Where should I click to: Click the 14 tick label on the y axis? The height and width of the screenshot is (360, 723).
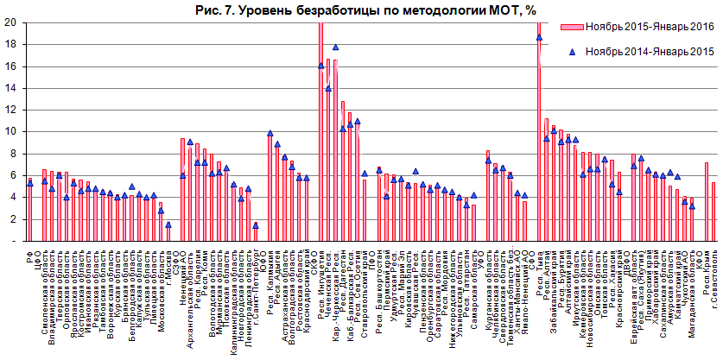coord(10,88)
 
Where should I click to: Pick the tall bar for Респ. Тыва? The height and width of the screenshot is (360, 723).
coord(539,129)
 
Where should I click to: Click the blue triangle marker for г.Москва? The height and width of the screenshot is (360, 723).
coord(168,224)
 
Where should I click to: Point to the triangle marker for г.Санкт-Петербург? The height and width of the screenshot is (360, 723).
coord(256,225)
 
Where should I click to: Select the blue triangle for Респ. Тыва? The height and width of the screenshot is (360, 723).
coord(539,37)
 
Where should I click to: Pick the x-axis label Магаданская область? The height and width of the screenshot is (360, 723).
coord(691,284)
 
